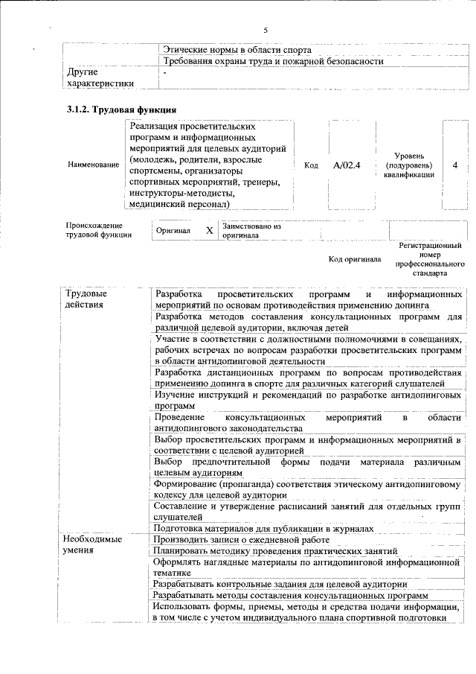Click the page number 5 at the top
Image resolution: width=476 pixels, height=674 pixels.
coord(266,30)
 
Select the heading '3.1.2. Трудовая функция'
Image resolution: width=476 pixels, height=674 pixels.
coord(121,110)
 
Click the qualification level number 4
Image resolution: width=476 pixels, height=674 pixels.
coord(454,165)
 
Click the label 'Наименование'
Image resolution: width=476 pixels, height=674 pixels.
coord(93,165)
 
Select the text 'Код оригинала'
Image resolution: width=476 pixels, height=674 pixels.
coord(355,260)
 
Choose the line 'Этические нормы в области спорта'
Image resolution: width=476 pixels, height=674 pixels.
coord(231,49)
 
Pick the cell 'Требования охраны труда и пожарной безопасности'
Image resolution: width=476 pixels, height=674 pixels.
coord(273,61)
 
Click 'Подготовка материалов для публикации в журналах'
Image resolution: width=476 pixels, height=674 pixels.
coord(263,528)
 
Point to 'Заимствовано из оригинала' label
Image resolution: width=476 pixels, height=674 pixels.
coord(251,231)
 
